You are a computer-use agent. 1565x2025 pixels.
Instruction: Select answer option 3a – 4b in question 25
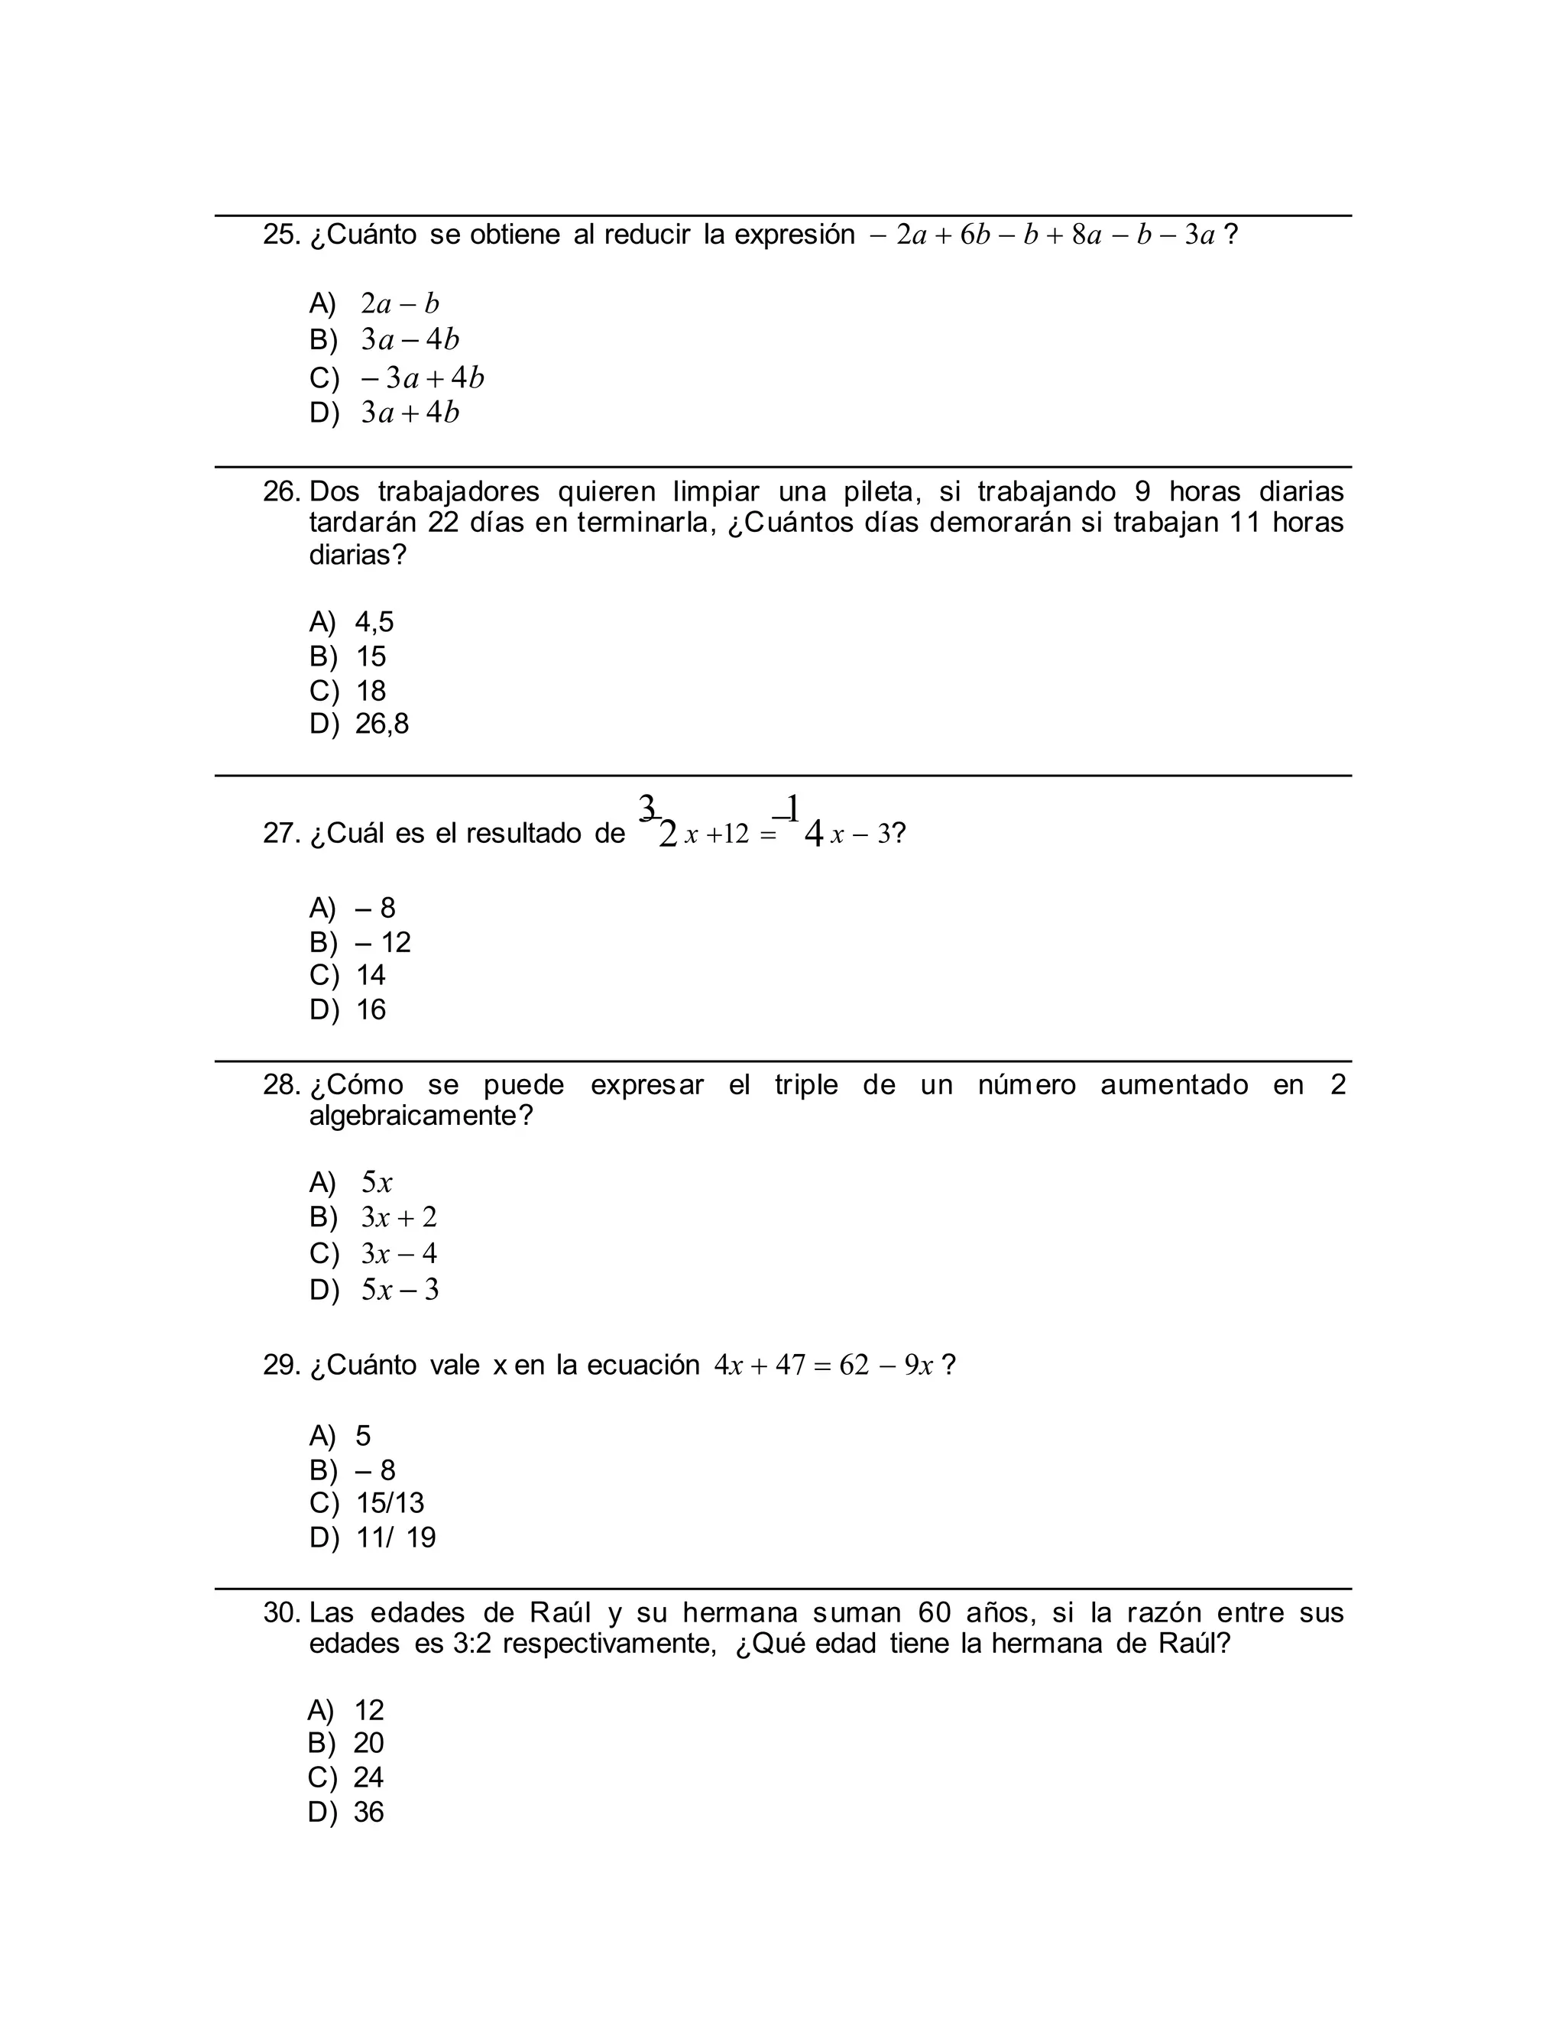pyautogui.click(x=410, y=340)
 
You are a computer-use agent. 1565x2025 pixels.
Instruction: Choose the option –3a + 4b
pyautogui.click(x=422, y=378)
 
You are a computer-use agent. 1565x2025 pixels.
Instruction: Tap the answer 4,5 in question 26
pyautogui.click(x=374, y=621)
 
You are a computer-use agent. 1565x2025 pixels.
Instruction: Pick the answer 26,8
pyautogui.click(x=382, y=724)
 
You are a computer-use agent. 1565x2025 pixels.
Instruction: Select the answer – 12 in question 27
pyautogui.click(x=383, y=943)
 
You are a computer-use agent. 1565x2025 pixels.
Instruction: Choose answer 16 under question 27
pyautogui.click(x=371, y=1009)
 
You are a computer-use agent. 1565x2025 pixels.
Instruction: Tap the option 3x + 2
pyautogui.click(x=399, y=1217)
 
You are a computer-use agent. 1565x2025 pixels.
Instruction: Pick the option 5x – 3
pyautogui.click(x=400, y=1290)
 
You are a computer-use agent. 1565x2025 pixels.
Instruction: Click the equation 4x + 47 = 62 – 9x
pyautogui.click(x=822, y=1366)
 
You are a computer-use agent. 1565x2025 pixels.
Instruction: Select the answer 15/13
pyautogui.click(x=390, y=1503)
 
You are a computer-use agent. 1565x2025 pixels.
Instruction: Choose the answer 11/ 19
pyautogui.click(x=396, y=1538)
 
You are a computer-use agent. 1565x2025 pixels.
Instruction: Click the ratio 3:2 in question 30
pyautogui.click(x=473, y=1644)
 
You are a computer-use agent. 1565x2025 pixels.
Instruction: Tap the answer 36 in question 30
pyautogui.click(x=368, y=1813)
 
